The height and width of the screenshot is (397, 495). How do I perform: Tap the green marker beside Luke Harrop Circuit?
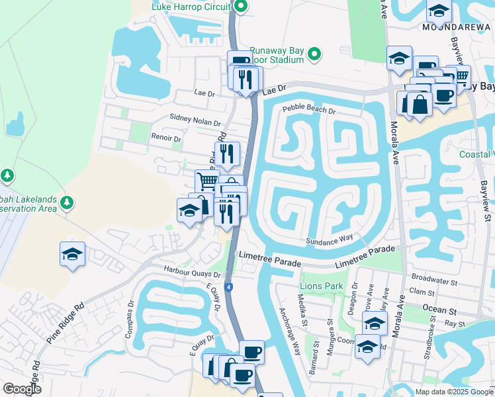(241, 7)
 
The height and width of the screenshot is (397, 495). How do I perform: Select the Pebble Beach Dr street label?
(309, 109)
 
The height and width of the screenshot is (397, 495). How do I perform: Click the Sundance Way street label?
(328, 240)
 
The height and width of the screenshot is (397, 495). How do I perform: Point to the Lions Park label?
(322, 286)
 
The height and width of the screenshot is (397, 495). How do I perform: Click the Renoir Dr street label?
(166, 139)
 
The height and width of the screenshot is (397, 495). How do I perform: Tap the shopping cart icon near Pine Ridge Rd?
(207, 180)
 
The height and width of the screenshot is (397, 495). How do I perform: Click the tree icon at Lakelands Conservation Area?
(66, 202)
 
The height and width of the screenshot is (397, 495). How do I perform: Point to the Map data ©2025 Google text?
(453, 392)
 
